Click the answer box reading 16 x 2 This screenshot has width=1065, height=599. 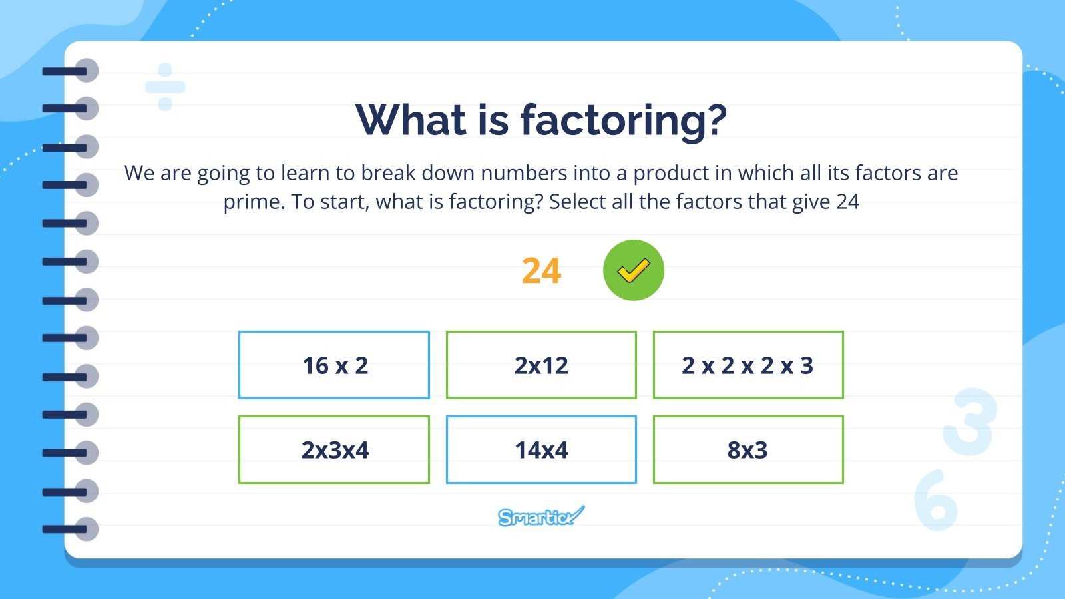pyautogui.click(x=334, y=365)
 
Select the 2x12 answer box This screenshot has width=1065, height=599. pyautogui.click(x=541, y=365)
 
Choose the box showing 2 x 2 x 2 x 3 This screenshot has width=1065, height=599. pyautogui.click(x=748, y=365)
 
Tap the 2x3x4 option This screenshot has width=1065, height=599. pyautogui.click(x=334, y=450)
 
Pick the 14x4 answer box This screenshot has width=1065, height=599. pyautogui.click(x=541, y=450)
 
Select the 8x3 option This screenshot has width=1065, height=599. pyautogui.click(x=748, y=450)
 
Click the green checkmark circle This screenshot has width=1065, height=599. pyautogui.click(x=633, y=270)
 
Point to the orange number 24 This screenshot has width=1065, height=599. pyautogui.click(x=541, y=271)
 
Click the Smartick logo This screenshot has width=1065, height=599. pyautogui.click(x=541, y=516)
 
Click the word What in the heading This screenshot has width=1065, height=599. pyautogui.click(x=411, y=120)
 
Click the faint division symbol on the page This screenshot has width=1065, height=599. pyautogui.click(x=165, y=87)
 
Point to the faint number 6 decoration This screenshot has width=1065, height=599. pyautogui.click(x=935, y=500)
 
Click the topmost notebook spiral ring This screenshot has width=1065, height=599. pyautogui.click(x=71, y=71)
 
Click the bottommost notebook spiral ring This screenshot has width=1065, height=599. pyautogui.click(x=71, y=530)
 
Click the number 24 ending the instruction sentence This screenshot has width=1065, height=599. pyautogui.click(x=847, y=202)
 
